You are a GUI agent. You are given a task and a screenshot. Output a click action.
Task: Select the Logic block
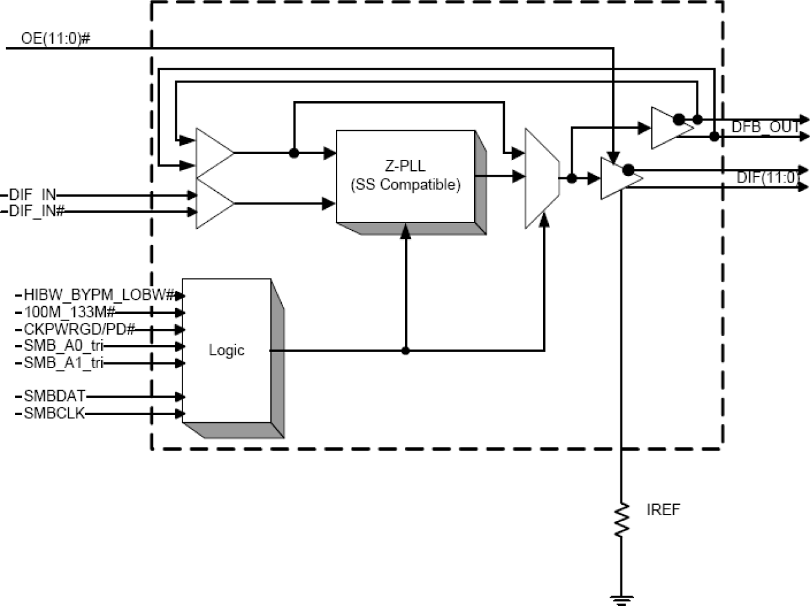[x=226, y=351]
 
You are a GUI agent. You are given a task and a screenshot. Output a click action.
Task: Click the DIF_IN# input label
[x=36, y=210]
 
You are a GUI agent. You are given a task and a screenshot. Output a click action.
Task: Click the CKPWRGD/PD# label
[x=79, y=329]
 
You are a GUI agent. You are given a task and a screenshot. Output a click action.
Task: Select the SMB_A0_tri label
[x=63, y=346]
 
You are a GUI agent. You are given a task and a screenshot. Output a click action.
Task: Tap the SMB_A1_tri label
[x=63, y=363]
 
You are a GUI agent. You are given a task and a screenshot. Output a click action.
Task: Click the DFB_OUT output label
[x=765, y=127]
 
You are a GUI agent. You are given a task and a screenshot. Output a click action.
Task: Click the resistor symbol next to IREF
[x=622, y=521]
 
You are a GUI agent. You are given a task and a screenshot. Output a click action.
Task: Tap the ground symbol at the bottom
[x=622, y=599]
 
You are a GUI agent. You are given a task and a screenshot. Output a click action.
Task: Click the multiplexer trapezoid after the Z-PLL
[x=540, y=178]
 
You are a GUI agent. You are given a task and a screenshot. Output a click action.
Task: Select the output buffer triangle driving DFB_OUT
[x=664, y=128]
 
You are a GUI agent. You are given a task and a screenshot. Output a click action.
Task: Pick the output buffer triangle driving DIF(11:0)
[x=615, y=178]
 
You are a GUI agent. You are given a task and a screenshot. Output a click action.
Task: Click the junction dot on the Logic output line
[x=406, y=351]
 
